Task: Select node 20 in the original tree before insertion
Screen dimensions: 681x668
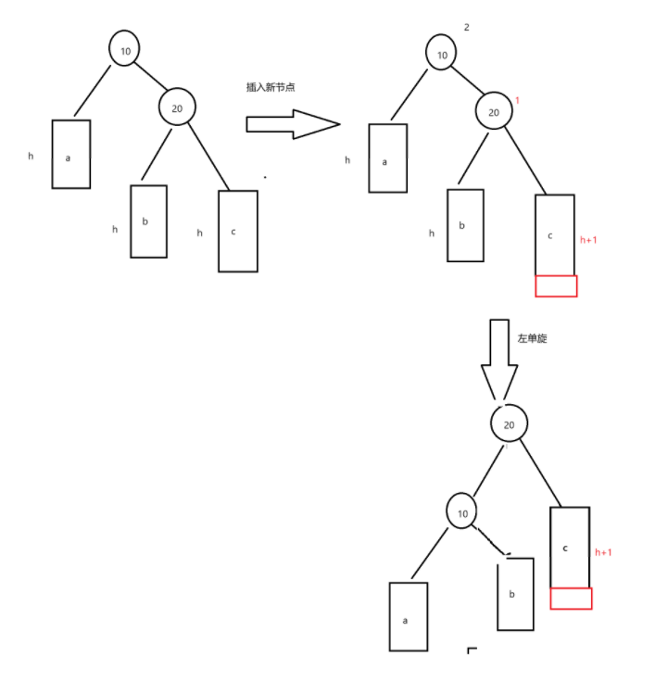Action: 176,108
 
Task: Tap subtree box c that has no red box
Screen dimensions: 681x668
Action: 237,231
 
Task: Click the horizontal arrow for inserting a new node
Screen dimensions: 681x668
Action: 292,124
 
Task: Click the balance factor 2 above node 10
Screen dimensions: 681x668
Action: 466,27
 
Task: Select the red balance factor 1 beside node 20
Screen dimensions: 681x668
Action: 517,99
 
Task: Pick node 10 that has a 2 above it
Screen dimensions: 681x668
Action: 442,55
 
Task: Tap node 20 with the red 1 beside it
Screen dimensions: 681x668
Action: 494,112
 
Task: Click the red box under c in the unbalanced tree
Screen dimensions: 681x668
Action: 556,285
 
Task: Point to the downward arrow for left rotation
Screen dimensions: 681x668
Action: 498,361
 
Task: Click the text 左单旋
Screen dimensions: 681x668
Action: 532,339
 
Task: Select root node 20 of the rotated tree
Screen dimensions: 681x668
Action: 509,423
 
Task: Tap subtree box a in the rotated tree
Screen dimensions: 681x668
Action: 408,616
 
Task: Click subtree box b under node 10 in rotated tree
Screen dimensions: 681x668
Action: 515,593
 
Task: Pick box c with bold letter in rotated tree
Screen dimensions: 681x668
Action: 570,547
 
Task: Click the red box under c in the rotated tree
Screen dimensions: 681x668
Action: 571,599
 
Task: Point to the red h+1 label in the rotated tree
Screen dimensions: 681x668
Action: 602,552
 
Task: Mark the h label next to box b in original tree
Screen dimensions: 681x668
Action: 115,229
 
